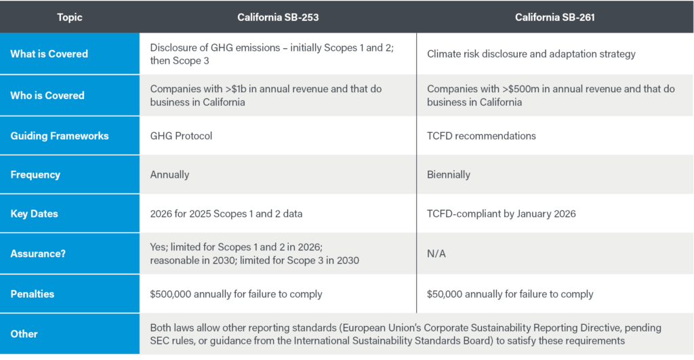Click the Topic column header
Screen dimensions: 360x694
70,17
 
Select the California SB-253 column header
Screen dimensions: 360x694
278,17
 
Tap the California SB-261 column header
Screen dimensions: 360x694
554,17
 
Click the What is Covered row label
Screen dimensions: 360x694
49,54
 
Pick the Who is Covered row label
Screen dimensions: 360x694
47,96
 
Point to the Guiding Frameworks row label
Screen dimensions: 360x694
60,136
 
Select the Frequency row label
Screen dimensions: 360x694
35,174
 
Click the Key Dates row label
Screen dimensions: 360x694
34,214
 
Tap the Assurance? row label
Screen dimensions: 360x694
37,254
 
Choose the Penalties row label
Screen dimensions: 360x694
33,294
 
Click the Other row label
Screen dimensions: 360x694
24,334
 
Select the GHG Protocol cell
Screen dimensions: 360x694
181,136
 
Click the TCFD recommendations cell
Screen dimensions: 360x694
481,136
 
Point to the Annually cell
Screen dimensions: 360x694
169,174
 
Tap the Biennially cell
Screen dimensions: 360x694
449,174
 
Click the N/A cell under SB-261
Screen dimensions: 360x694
436,254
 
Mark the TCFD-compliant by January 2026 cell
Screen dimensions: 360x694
501,214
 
